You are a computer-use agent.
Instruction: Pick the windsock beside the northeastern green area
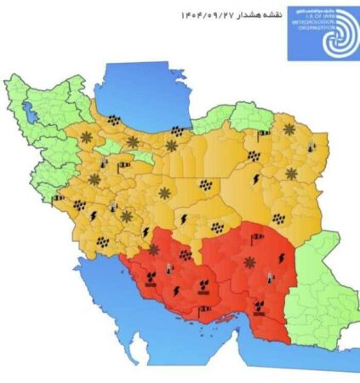264,132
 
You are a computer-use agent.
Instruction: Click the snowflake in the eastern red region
248,261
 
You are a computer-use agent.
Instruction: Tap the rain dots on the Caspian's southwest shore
113,121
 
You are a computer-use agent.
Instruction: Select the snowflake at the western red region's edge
154,249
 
